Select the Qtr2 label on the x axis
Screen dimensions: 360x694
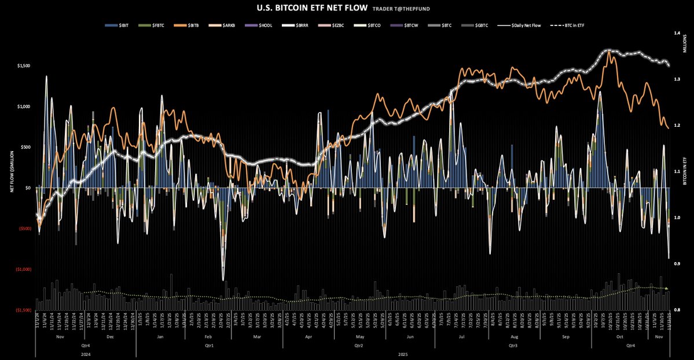(x=358, y=344)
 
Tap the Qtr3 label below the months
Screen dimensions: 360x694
(x=511, y=344)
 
